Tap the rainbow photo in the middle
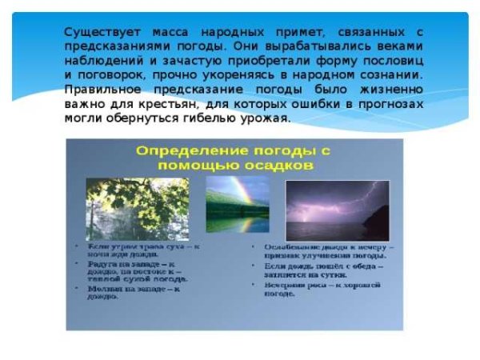point(238,205)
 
